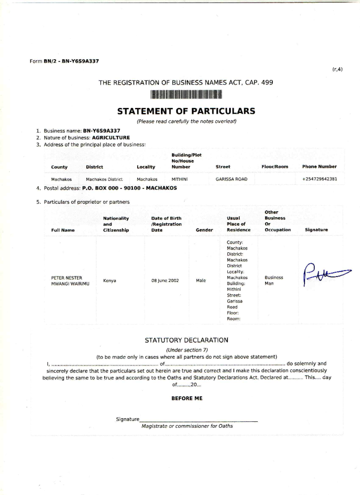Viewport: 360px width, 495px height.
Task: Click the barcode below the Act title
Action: pyautogui.click(x=186, y=95)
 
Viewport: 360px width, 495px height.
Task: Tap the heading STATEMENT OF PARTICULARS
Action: pyautogui.click(x=186, y=111)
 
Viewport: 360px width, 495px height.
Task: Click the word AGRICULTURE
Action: pyautogui.click(x=111, y=138)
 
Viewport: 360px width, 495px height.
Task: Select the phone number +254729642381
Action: pyautogui.click(x=319, y=179)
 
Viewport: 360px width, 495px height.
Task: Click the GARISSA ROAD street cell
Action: pyautogui.click(x=231, y=179)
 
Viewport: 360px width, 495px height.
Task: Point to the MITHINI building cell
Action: pyautogui.click(x=179, y=179)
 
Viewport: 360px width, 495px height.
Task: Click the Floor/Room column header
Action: pyautogui.click(x=274, y=166)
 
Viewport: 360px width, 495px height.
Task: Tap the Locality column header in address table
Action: pyautogui.click(x=146, y=167)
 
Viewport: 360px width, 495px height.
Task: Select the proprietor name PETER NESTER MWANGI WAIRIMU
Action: pyautogui.click(x=70, y=280)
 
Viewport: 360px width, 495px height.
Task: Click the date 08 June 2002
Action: pyautogui.click(x=165, y=280)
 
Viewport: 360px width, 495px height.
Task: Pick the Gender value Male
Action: pyautogui.click(x=201, y=280)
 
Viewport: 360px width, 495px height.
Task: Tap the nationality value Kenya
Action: pyautogui.click(x=109, y=280)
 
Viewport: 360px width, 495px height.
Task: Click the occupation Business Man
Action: pyautogui.click(x=274, y=280)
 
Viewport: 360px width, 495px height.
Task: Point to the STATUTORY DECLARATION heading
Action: pyautogui.click(x=186, y=340)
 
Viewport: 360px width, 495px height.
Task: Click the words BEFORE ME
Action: pyautogui.click(x=187, y=398)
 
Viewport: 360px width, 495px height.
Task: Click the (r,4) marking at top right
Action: pyautogui.click(x=337, y=70)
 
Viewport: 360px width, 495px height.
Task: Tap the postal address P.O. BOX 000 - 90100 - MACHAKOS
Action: pyautogui.click(x=129, y=188)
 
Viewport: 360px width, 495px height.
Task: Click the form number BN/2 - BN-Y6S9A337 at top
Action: pyautogui.click(x=71, y=61)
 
